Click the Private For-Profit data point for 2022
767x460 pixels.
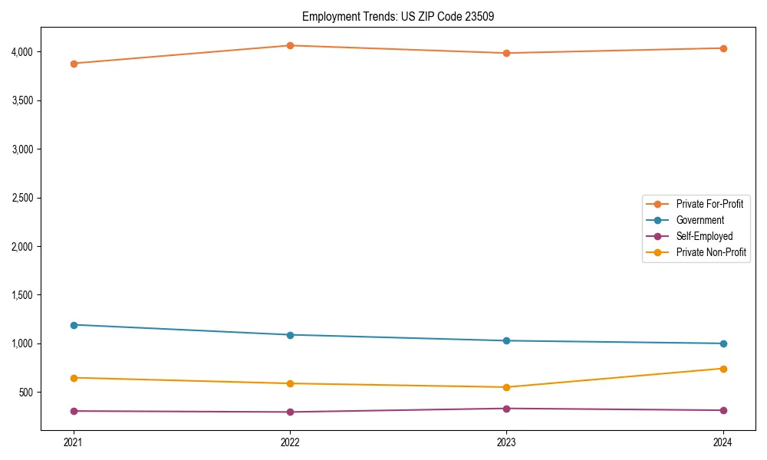pos(290,46)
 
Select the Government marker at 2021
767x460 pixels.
pos(74,325)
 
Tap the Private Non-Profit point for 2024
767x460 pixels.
pos(723,369)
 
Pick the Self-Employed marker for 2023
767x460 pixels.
pos(507,409)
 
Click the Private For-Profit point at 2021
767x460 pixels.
pos(74,64)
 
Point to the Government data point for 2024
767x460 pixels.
pos(723,343)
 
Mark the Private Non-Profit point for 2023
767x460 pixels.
pos(507,387)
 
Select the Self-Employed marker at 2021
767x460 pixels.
pos(74,411)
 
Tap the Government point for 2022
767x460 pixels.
pos(290,335)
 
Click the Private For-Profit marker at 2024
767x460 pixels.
pos(723,48)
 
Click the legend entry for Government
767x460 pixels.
pos(700,220)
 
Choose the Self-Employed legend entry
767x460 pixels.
pos(704,236)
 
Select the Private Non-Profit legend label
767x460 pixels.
pos(711,252)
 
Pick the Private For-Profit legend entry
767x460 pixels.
pos(709,204)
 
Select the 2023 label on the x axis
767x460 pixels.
pos(507,442)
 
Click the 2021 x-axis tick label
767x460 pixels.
pos(74,442)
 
